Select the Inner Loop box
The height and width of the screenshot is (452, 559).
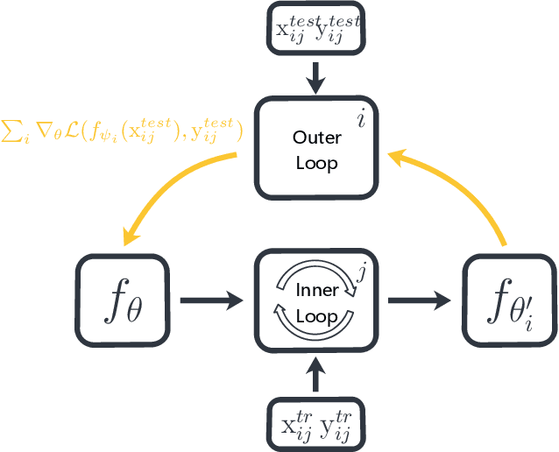click(x=316, y=300)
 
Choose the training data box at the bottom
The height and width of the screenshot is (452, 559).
click(x=317, y=425)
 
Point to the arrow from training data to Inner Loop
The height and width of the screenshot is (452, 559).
click(x=317, y=376)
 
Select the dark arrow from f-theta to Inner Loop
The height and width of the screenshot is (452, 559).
click(x=210, y=300)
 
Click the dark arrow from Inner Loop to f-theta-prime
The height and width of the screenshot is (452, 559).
click(x=420, y=300)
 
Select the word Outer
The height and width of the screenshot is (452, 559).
click(x=316, y=138)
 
